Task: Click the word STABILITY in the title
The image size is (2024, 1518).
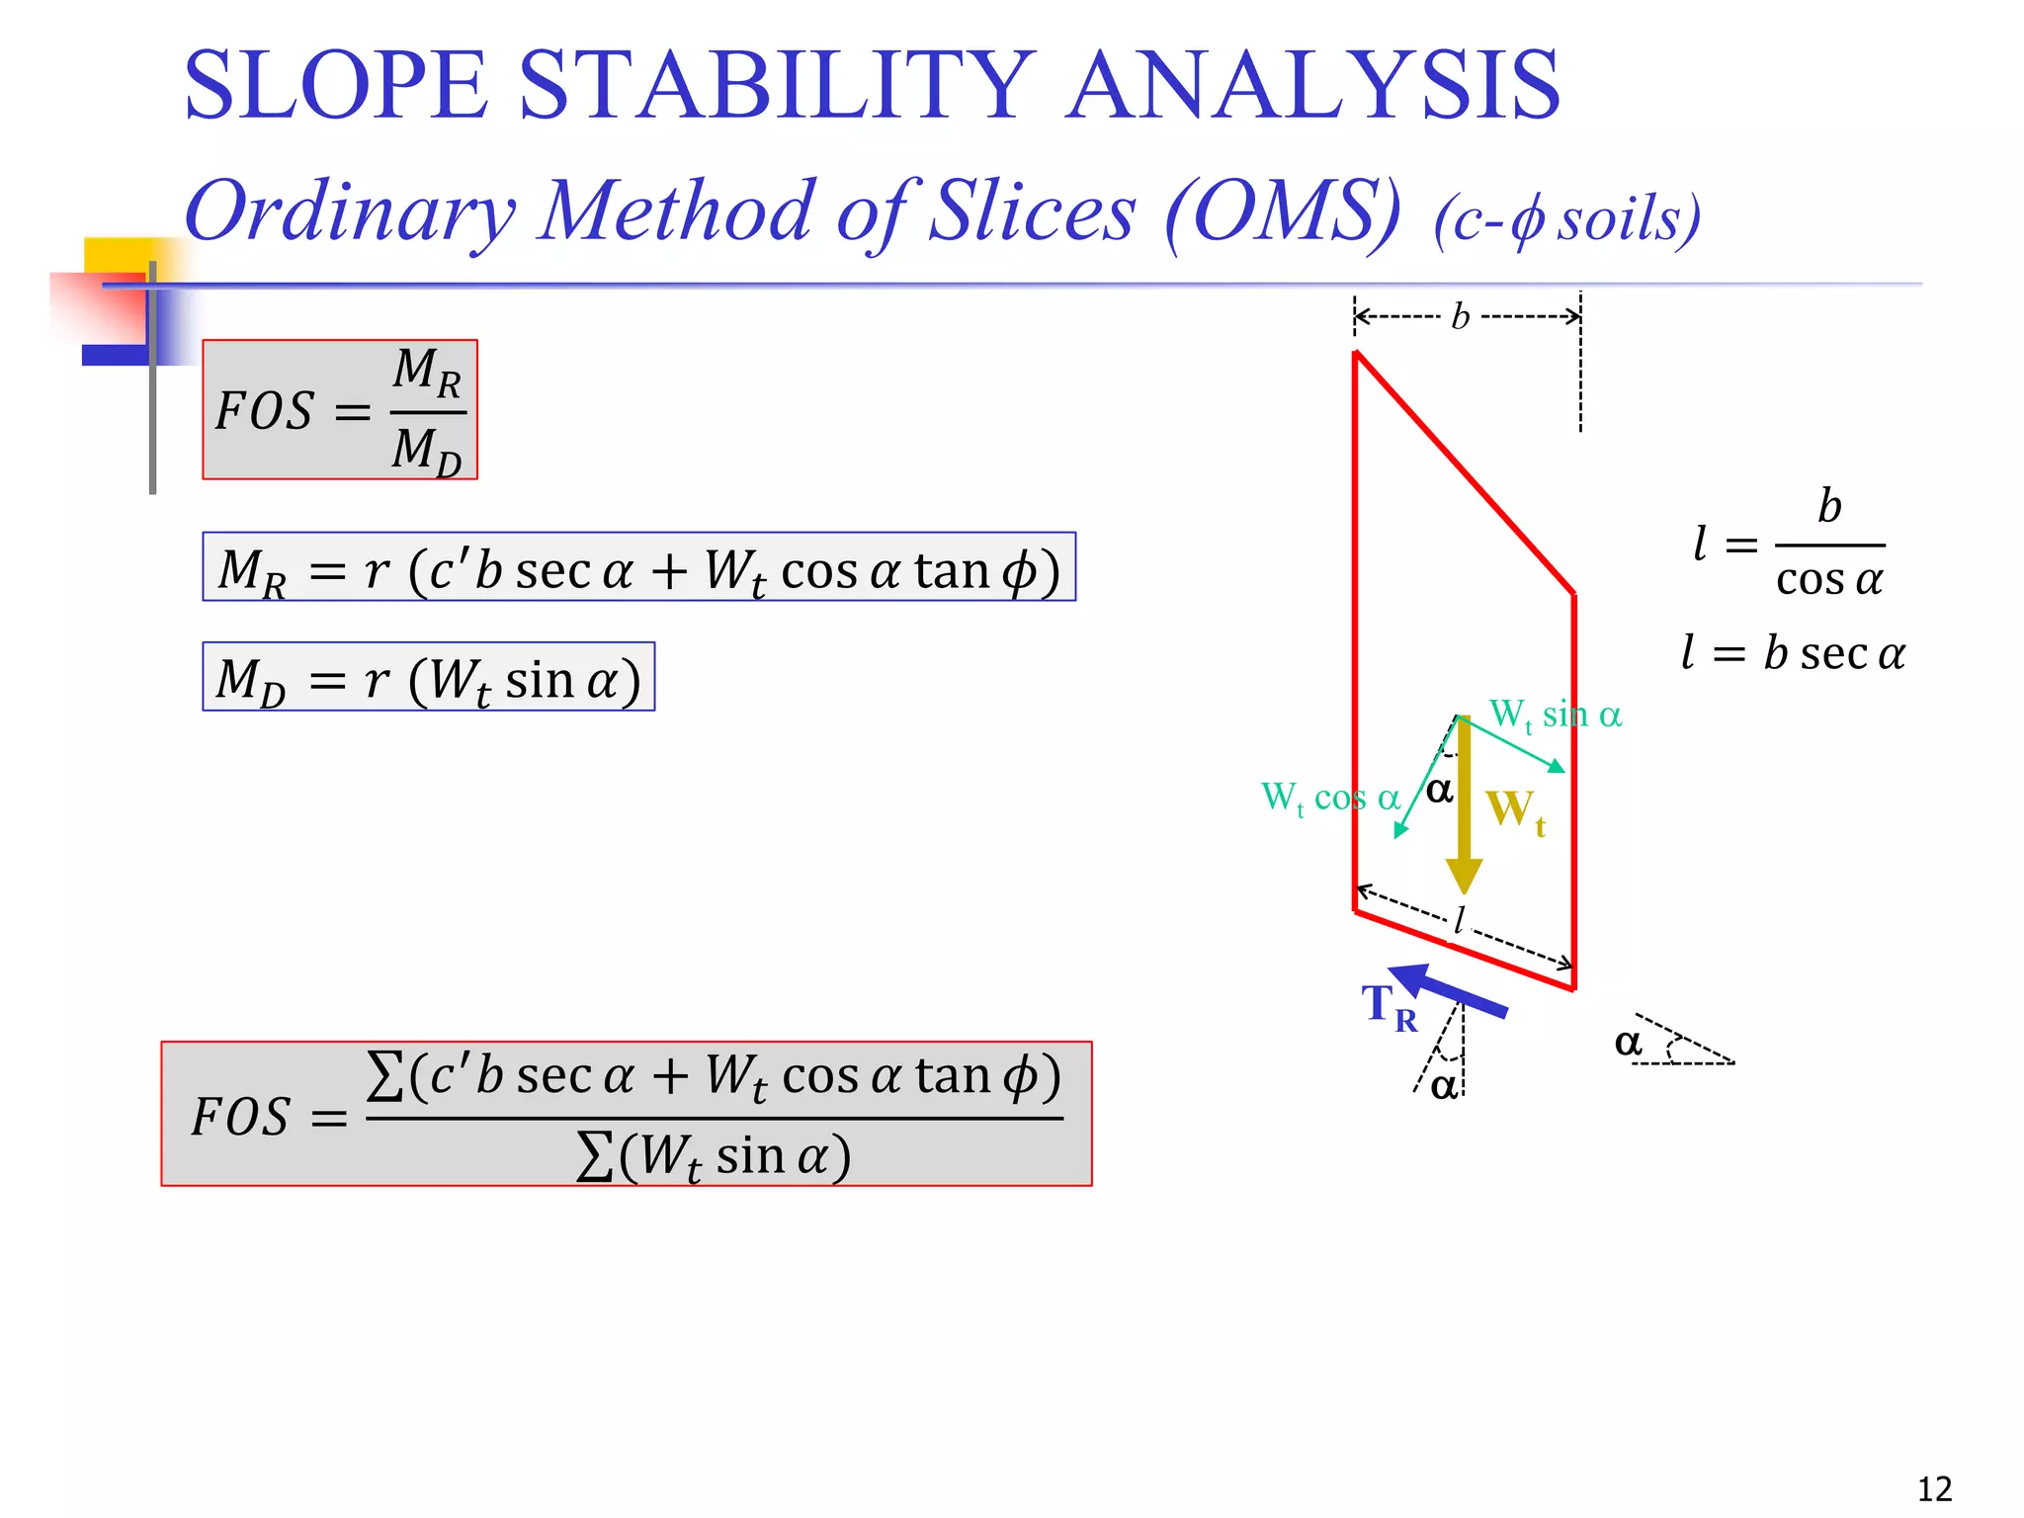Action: pyautogui.click(x=776, y=87)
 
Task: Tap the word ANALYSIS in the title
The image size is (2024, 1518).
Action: pyautogui.click(x=1312, y=87)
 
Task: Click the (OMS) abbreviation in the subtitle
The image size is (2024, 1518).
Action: pyautogui.click(x=1283, y=211)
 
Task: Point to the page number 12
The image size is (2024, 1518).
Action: pyautogui.click(x=1934, y=1488)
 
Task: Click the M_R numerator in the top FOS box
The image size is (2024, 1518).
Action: pyautogui.click(x=427, y=371)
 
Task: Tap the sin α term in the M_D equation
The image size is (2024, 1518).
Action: pyautogui.click(x=561, y=680)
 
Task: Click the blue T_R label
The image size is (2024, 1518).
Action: pyautogui.click(x=1389, y=1006)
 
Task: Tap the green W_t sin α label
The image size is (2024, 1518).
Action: pyautogui.click(x=1555, y=715)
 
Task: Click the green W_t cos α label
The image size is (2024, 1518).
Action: pyautogui.click(x=1329, y=798)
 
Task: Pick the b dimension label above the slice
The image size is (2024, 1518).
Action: pyautogui.click(x=1461, y=317)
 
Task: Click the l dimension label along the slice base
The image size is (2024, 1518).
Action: pyautogui.click(x=1459, y=921)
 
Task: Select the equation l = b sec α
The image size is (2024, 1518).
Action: pyautogui.click(x=1792, y=653)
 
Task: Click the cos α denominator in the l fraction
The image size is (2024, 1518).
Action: pyautogui.click(x=1828, y=580)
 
